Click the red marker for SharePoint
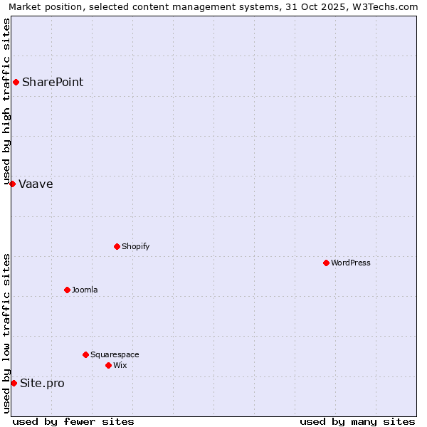click(16, 83)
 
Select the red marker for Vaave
click(12, 184)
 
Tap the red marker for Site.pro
click(14, 384)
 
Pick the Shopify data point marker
click(117, 247)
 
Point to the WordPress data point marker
click(326, 263)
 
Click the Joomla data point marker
click(67, 290)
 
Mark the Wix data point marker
click(108, 366)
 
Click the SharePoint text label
click(53, 83)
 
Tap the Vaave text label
click(36, 184)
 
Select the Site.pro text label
click(42, 384)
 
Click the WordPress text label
click(351, 263)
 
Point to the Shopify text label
click(135, 247)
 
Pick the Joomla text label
click(85, 290)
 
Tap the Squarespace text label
click(115, 355)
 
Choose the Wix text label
click(120, 366)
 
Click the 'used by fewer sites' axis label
click(73, 421)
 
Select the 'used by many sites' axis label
click(357, 421)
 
